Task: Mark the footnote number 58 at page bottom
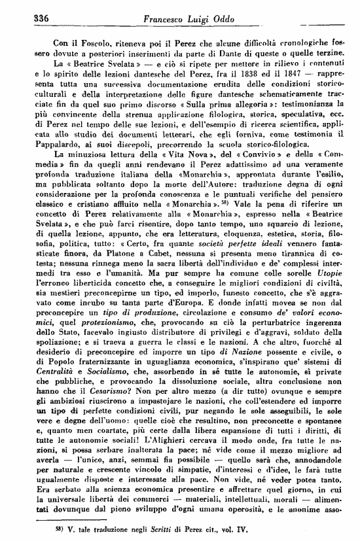pyautogui.click(x=43, y=525)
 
